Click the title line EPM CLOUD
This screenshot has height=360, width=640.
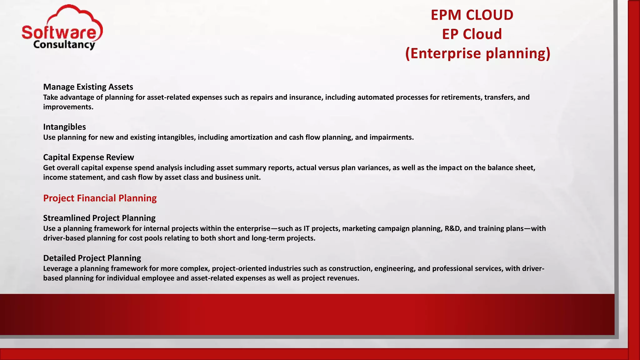pyautogui.click(x=472, y=15)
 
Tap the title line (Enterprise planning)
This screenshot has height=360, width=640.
pyautogui.click(x=477, y=53)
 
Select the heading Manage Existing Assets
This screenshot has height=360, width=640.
pyautogui.click(x=88, y=87)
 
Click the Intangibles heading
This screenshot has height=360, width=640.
pyautogui.click(x=64, y=127)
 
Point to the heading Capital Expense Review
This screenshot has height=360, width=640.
pyautogui.click(x=88, y=157)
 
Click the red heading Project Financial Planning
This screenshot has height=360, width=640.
pyautogui.click(x=100, y=198)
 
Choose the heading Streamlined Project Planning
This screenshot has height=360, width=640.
pyautogui.click(x=99, y=218)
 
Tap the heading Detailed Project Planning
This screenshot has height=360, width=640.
pyautogui.click(x=92, y=258)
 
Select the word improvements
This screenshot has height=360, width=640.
pyautogui.click(x=68, y=107)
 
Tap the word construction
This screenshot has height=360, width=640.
pyautogui.click(x=350, y=268)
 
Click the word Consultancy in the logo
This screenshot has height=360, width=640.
pyautogui.click(x=64, y=45)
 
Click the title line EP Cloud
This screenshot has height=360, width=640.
pyautogui.click(x=472, y=34)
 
